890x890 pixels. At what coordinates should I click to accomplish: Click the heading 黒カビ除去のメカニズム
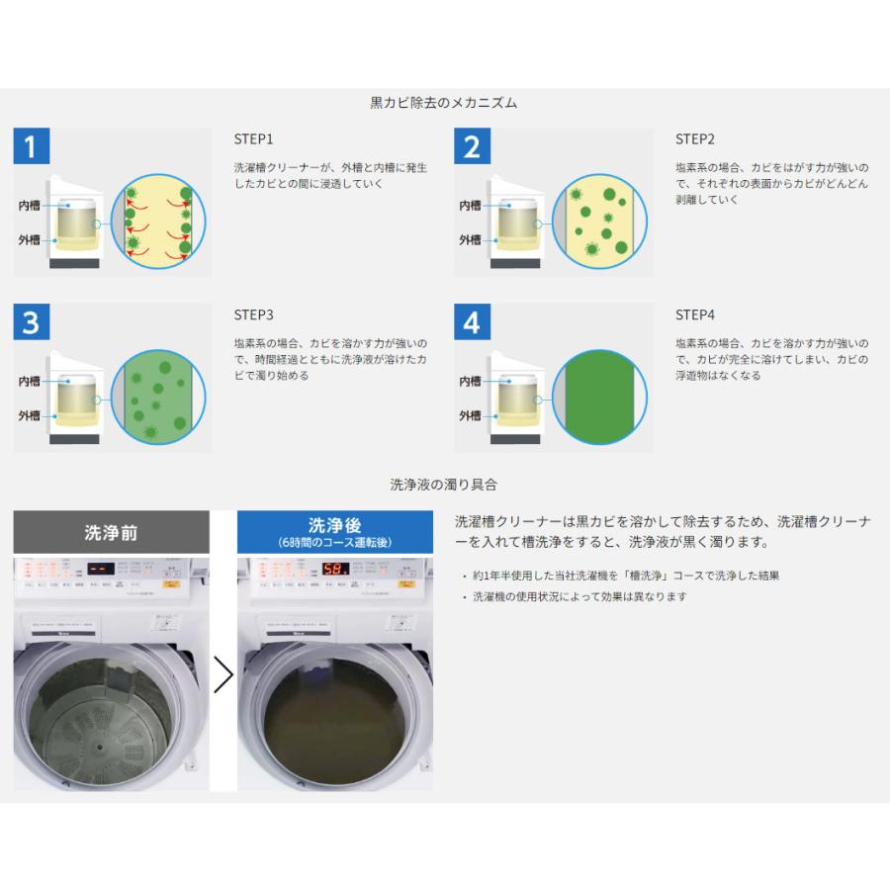pyautogui.click(x=444, y=102)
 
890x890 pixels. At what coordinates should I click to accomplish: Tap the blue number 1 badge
pyautogui.click(x=31, y=147)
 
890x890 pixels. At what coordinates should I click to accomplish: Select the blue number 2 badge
pyautogui.click(x=472, y=147)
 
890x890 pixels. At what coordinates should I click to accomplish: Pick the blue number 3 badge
pyautogui.click(x=31, y=322)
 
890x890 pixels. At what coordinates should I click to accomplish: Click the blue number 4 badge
pyautogui.click(x=472, y=322)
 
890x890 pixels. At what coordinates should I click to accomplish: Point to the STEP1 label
pyautogui.click(x=253, y=139)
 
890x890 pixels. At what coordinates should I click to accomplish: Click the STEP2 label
pyautogui.click(x=694, y=139)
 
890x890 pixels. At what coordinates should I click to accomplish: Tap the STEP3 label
pyautogui.click(x=253, y=314)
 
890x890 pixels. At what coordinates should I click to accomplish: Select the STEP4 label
pyautogui.click(x=694, y=314)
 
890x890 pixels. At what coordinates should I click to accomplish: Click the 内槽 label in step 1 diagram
pyautogui.click(x=29, y=205)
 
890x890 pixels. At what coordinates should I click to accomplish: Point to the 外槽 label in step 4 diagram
pyautogui.click(x=470, y=415)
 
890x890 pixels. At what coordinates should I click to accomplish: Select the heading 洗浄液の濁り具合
pyautogui.click(x=444, y=485)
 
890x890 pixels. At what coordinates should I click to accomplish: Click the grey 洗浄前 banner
pyautogui.click(x=111, y=532)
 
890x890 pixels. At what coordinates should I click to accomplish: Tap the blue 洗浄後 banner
pyautogui.click(x=334, y=532)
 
